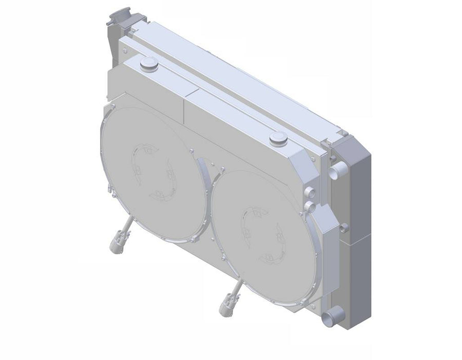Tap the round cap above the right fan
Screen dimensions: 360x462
point(278,137)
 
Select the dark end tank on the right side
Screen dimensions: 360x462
point(354,231)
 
